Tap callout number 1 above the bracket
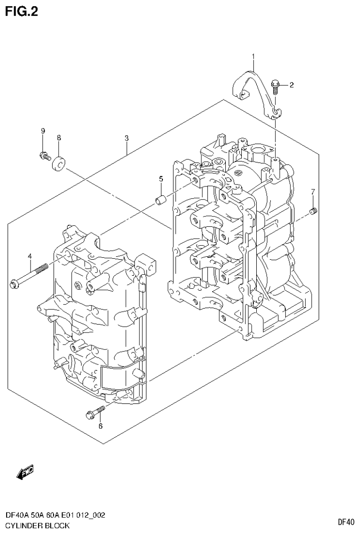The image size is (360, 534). click(x=253, y=57)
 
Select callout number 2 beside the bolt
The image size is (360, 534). click(x=291, y=85)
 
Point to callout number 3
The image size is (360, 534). click(x=127, y=138)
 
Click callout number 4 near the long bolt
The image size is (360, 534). click(x=30, y=256)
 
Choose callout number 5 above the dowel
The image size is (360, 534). click(x=161, y=179)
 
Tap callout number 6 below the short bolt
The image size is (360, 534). click(x=100, y=426)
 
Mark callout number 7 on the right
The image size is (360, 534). click(x=313, y=191)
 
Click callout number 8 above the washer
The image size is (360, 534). click(x=59, y=138)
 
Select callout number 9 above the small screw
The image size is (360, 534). click(x=43, y=131)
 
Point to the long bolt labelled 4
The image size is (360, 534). click(x=28, y=276)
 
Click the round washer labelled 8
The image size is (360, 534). click(x=59, y=163)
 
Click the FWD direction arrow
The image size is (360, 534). click(x=25, y=472)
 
